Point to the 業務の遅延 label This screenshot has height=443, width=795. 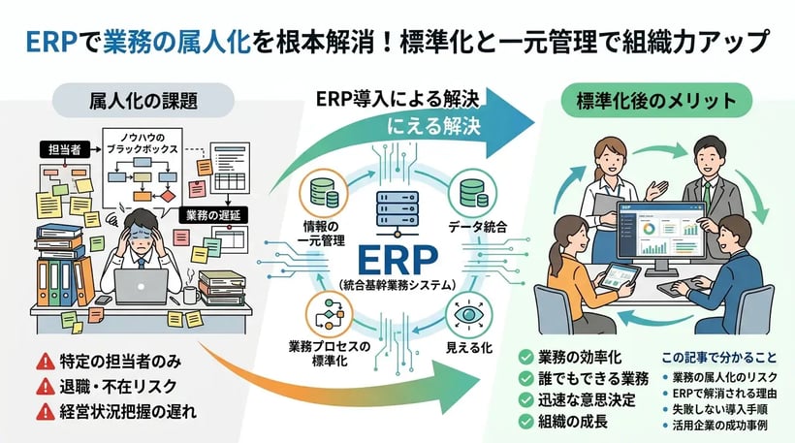(x=208, y=215)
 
